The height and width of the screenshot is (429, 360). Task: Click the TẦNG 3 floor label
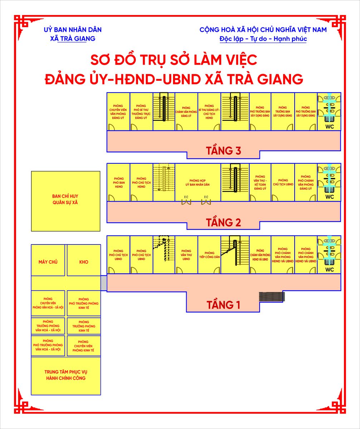tap(223, 151)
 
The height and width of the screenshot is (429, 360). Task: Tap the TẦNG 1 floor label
tap(223, 305)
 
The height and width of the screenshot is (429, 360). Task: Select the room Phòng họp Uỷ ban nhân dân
tap(197, 182)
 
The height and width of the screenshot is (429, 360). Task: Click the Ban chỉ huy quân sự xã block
tap(65, 201)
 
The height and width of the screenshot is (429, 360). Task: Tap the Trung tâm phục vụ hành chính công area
tap(66, 375)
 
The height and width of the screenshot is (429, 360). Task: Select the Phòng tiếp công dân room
tap(209, 255)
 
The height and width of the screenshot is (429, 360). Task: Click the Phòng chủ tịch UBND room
tap(283, 182)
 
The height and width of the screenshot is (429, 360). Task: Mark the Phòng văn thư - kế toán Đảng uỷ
tap(260, 182)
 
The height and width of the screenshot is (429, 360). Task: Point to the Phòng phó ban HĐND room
tap(119, 182)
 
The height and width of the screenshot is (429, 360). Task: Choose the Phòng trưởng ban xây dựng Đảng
tap(283, 112)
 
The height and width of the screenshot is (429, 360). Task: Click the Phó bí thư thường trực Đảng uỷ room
tap(141, 112)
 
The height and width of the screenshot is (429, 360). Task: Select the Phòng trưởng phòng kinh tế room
tap(84, 326)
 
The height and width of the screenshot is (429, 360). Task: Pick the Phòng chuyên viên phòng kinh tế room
tap(83, 346)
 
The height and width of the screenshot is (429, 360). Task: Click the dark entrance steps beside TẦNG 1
tap(272, 296)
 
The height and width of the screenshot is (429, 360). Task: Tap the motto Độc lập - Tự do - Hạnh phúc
tap(263, 39)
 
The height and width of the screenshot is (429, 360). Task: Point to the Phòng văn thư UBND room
tap(186, 255)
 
